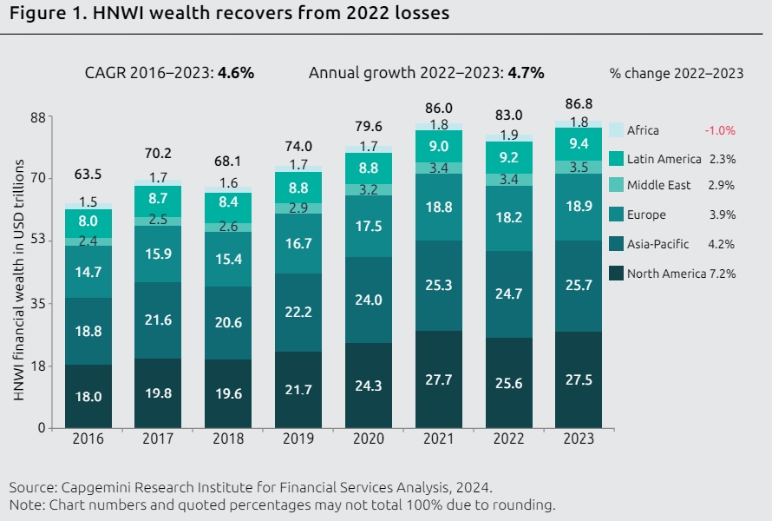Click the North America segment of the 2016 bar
(88, 396)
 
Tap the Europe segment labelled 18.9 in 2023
(580, 207)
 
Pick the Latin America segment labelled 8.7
(159, 199)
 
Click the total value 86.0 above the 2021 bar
(439, 109)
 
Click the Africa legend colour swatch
(616, 130)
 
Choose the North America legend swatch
(616, 274)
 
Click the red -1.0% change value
(719, 130)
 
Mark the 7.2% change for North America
(722, 274)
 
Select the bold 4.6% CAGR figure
(236, 73)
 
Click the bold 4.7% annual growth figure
(526, 73)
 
